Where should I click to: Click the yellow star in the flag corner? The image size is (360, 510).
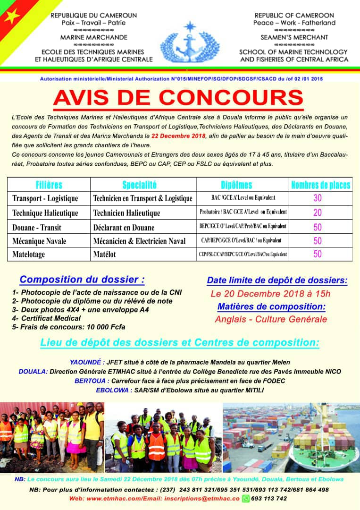pos(13,17)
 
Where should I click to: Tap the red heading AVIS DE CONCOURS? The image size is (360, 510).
pos(178,97)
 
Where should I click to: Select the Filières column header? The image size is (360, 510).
pos(49,185)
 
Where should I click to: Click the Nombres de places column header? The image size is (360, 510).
pos(320,185)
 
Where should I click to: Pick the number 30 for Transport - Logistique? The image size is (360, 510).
pos(318,198)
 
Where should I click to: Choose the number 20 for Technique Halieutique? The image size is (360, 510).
pos(318,212)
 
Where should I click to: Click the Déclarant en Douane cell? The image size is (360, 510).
pos(124,227)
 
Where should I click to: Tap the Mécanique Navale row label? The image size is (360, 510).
pos(39,241)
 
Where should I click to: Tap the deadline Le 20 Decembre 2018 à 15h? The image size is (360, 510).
pos(270,294)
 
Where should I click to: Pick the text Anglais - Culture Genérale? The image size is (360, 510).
pos(271,319)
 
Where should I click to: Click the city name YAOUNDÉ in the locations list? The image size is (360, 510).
pos(85,362)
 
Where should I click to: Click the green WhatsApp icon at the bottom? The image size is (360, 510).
pos(245,499)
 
